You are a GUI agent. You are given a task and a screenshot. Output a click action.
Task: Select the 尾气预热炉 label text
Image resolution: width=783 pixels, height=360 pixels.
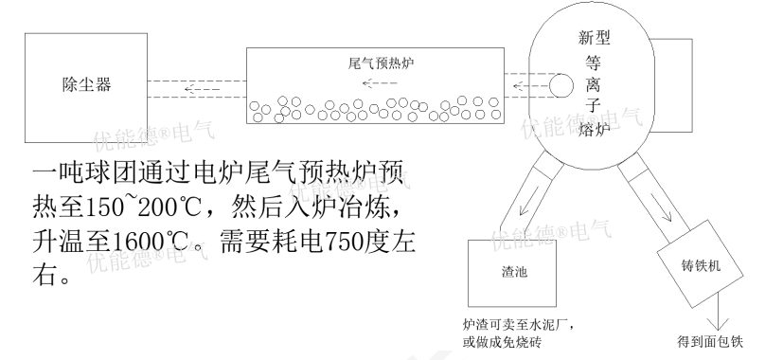[x=381, y=64]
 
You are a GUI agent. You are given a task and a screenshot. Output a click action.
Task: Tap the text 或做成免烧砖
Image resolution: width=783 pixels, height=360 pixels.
[x=502, y=342]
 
